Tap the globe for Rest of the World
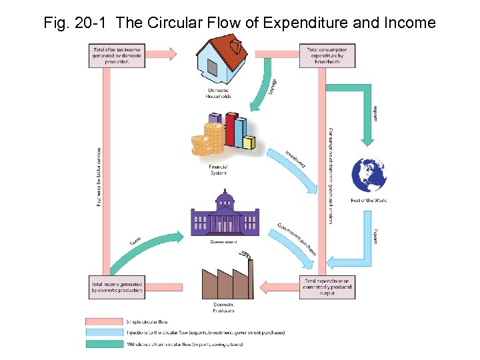coord(369,175)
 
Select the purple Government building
coord(224,215)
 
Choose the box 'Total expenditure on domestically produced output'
coord(327,287)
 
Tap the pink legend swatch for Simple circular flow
coord(105,321)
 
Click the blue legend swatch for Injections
coord(105,333)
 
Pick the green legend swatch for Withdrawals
coord(105,344)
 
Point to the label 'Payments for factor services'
coord(99,177)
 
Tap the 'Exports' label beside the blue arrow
coord(375,237)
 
